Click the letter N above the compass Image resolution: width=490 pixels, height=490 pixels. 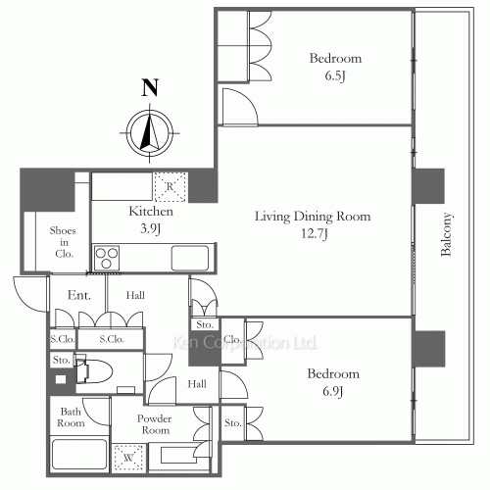(x=150, y=87)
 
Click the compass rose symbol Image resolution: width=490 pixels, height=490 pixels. (x=150, y=133)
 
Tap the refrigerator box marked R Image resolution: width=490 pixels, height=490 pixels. (x=170, y=187)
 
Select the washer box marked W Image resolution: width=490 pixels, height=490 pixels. (x=128, y=458)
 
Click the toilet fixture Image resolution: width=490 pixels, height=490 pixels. (x=94, y=371)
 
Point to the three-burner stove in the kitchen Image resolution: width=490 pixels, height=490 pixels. (x=107, y=258)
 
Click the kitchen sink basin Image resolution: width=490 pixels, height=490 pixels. (x=190, y=258)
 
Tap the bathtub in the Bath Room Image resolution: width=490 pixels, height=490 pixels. (x=79, y=455)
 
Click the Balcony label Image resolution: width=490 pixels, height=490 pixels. (x=446, y=234)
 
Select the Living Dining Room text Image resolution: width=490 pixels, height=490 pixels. (x=313, y=217)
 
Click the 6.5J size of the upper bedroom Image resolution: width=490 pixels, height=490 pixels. (x=335, y=76)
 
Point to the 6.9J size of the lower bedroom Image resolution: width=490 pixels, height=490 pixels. (x=333, y=391)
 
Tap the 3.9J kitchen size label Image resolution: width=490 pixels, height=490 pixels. (x=150, y=228)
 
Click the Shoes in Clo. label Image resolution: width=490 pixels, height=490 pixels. (x=63, y=242)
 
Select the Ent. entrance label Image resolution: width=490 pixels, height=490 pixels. (x=79, y=295)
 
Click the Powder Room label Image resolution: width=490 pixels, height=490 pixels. (x=154, y=424)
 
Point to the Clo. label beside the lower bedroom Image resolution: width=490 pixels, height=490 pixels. (x=232, y=340)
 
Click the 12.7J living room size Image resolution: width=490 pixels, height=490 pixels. (x=315, y=234)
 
